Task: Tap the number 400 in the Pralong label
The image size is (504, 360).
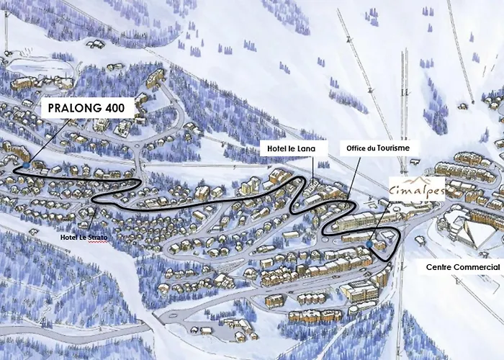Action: point(117,108)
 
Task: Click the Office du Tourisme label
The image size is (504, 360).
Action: point(378,148)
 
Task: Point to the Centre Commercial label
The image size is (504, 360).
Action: point(462,267)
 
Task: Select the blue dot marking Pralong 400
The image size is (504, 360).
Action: point(26,165)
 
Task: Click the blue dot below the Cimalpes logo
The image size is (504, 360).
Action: point(368,245)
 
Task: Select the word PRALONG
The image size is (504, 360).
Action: point(75,108)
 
